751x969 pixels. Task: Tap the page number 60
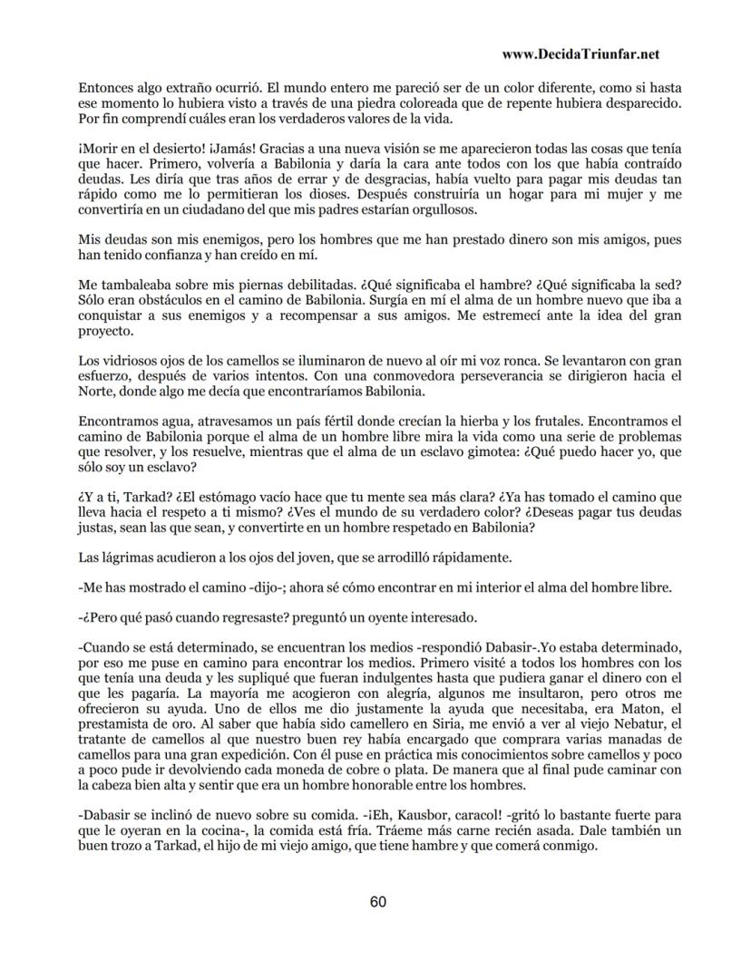tap(378, 901)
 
